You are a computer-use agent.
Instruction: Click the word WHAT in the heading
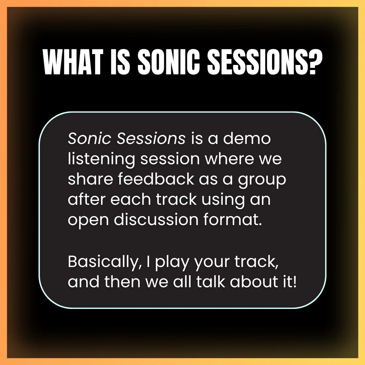tap(73, 62)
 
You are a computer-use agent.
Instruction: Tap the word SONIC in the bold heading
tap(169, 62)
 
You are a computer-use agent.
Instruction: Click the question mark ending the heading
tap(314, 62)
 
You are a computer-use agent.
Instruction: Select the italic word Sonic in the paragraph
tap(90, 139)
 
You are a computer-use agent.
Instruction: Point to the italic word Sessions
tap(151, 139)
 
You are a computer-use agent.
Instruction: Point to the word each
tap(130, 199)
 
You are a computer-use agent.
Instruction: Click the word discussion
tap(156, 219)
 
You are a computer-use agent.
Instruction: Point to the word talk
tap(211, 282)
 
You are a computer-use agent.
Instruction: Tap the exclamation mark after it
tap(295, 282)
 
